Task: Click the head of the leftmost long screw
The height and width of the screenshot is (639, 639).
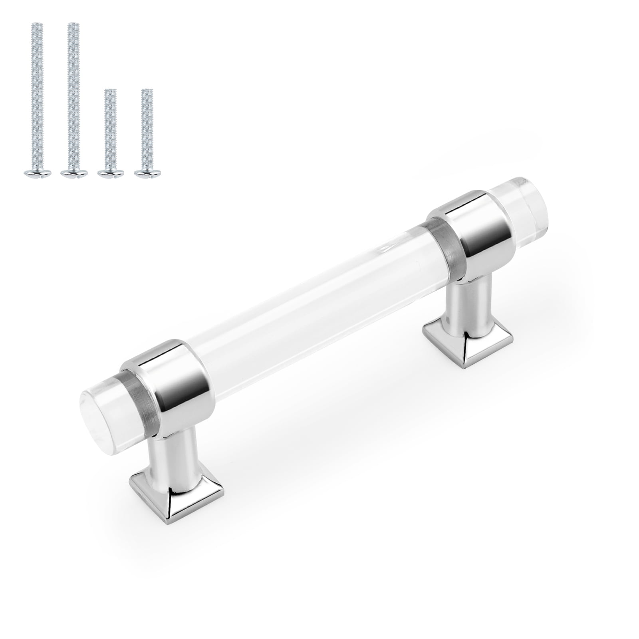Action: coord(37,173)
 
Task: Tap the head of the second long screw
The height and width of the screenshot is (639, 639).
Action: coord(74,173)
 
